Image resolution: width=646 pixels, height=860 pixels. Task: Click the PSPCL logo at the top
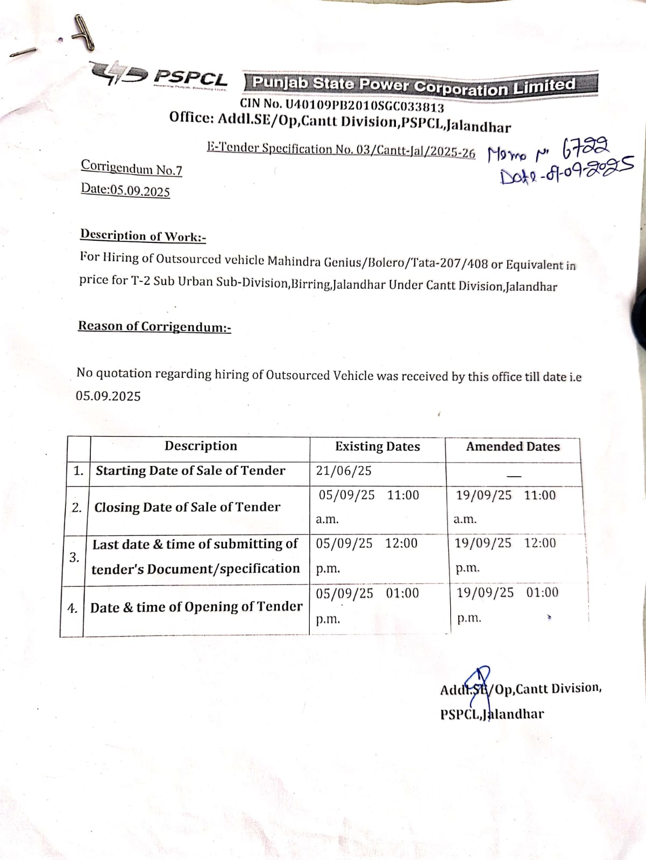pos(160,76)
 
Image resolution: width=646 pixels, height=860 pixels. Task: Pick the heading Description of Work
pos(143,235)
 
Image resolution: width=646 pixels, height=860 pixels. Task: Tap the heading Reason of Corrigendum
pos(154,326)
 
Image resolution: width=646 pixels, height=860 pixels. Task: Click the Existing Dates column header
pos(377,446)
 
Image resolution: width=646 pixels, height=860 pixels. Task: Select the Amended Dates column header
pos(513,446)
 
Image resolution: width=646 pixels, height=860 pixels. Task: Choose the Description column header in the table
pos(201,446)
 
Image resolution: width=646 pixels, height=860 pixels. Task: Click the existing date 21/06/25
pos(344,471)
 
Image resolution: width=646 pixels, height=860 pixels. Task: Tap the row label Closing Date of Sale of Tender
pos(187,507)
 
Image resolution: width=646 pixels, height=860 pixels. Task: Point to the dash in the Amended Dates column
pos(514,476)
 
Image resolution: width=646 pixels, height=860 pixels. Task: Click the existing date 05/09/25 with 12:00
pos(366,543)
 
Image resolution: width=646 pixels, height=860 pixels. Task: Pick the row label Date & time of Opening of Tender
pos(196,607)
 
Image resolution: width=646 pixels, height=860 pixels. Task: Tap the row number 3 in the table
pos(74,557)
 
